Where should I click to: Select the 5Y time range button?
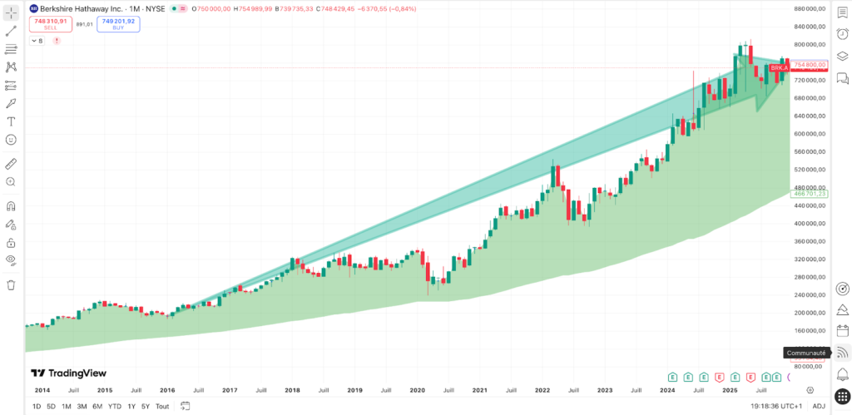pos(146,406)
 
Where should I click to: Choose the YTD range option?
pos(114,406)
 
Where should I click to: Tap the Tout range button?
pos(162,406)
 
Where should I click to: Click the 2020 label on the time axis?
pos(418,389)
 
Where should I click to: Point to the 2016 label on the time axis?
pos(167,389)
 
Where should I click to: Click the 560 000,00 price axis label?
pos(810,151)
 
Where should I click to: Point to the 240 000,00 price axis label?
pos(810,294)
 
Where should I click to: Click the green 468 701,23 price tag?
pos(810,194)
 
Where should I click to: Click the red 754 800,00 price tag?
pos(810,65)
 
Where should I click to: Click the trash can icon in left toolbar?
pos(12,284)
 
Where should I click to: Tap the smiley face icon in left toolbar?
pos(12,139)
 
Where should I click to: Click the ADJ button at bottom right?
pos(819,406)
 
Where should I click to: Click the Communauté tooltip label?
pos(806,353)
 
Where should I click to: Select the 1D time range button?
pos(37,406)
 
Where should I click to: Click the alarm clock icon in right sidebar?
pos(842,32)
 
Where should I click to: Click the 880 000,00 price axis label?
pos(810,8)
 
